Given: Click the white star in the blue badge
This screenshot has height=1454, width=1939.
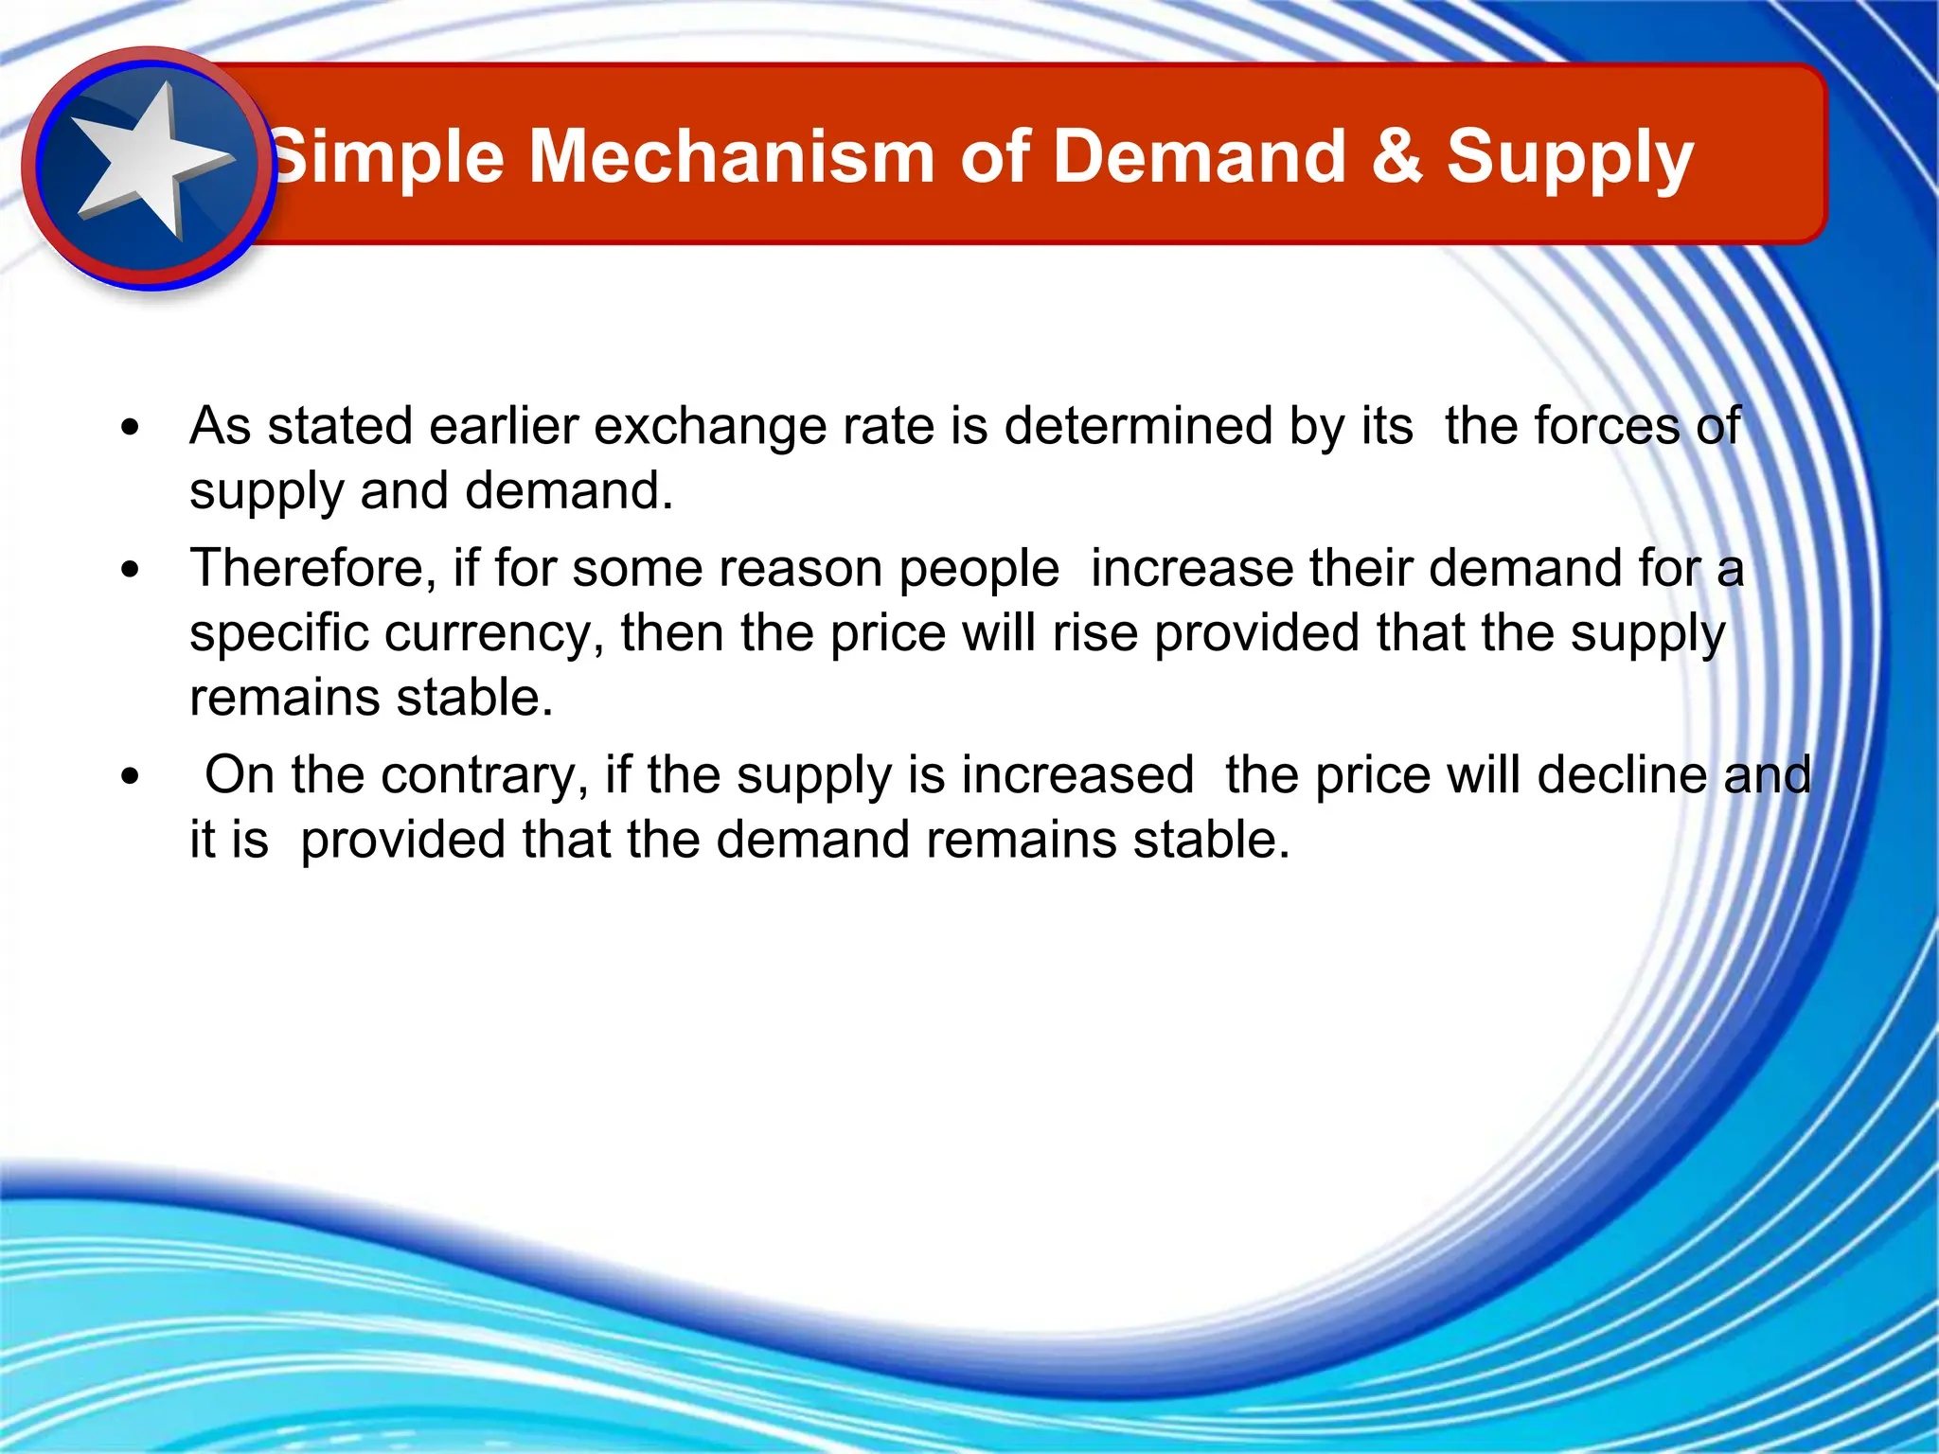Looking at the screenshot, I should [151, 161].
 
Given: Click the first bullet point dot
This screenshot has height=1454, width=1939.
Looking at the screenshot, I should [131, 427].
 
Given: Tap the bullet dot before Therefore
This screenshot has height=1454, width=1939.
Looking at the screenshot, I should [131, 570].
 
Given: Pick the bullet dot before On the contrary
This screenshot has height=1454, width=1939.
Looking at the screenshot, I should [131, 777].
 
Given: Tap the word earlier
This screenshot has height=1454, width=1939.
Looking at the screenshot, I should [503, 426].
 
